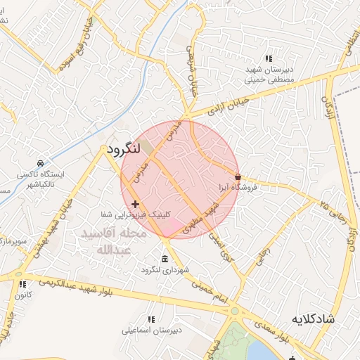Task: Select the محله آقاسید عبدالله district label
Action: coord(113,241)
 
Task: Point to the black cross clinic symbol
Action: coord(135,204)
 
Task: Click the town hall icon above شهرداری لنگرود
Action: coord(165,259)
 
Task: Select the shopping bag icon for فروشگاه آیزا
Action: coord(238,176)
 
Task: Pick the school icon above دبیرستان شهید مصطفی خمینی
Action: coord(267,58)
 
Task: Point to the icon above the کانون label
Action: coord(23,284)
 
